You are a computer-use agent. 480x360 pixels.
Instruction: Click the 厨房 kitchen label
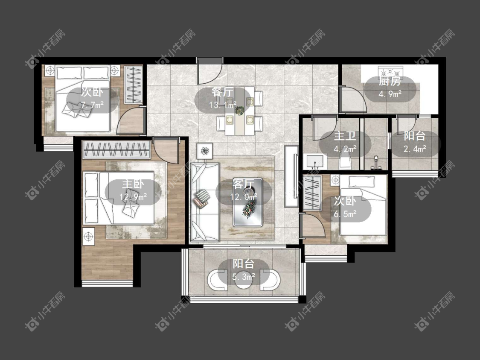pyautogui.click(x=390, y=82)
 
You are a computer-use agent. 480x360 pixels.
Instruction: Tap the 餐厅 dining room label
pyautogui.click(x=223, y=92)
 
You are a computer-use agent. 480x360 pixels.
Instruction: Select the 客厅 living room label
pyautogui.click(x=243, y=184)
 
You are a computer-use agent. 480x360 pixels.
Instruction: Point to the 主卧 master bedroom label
pyautogui.click(x=133, y=184)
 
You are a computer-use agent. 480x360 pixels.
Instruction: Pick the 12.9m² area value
pyautogui.click(x=133, y=196)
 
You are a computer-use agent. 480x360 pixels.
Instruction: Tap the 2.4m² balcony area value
pyautogui.click(x=415, y=149)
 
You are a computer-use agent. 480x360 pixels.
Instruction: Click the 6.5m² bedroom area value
pyautogui.click(x=345, y=214)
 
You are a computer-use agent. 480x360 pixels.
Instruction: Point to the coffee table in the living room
pyautogui.click(x=248, y=202)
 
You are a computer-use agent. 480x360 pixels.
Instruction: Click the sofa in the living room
pyautogui.click(x=204, y=202)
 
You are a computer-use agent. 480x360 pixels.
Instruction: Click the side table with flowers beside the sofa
pyautogui.click(x=204, y=151)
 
